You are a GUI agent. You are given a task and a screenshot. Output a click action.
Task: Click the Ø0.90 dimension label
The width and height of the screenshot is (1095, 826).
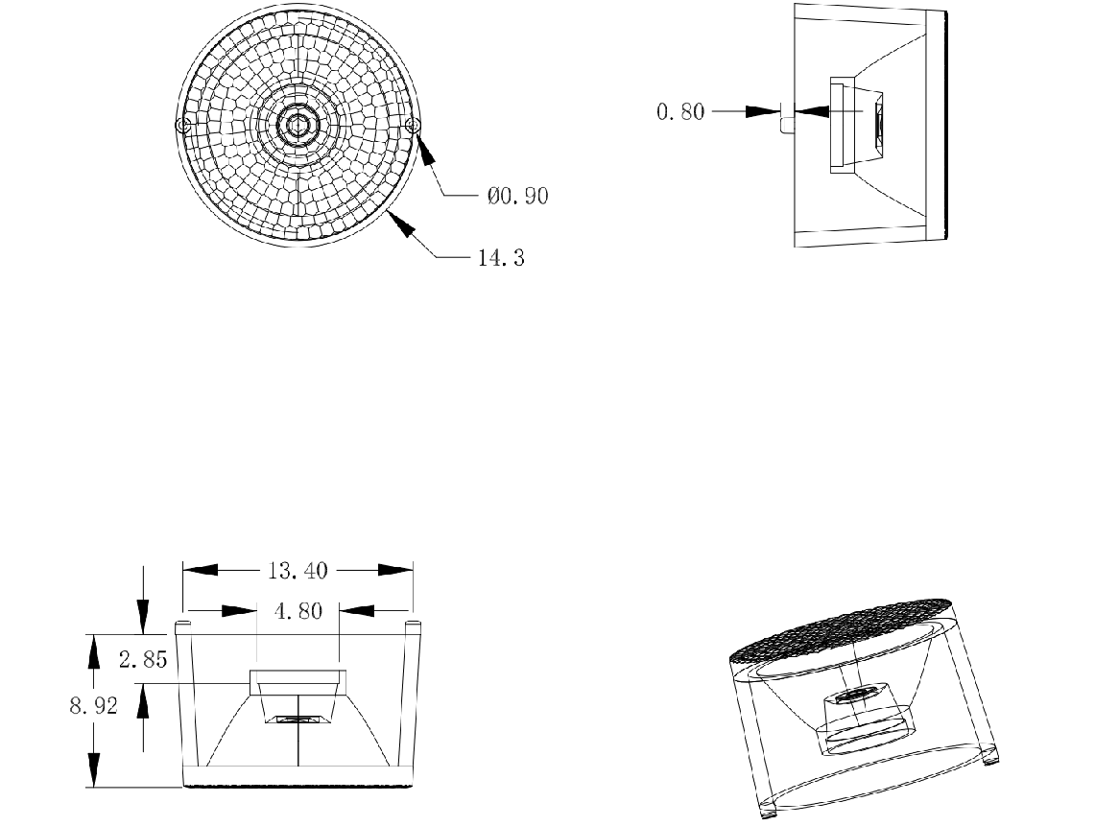click(x=517, y=196)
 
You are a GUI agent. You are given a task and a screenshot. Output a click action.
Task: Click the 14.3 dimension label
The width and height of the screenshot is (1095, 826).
click(x=501, y=258)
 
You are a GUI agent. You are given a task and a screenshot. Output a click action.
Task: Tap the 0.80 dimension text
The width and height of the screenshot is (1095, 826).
click(x=679, y=111)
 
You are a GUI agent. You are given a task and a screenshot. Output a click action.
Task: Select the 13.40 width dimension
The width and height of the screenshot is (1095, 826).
click(x=298, y=571)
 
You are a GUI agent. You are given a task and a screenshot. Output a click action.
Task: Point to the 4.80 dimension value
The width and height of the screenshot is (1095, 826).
click(x=298, y=611)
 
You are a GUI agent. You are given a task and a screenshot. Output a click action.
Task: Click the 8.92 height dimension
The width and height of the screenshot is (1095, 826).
click(x=94, y=707)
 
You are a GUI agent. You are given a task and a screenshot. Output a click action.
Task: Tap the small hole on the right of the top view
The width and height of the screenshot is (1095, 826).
click(x=414, y=125)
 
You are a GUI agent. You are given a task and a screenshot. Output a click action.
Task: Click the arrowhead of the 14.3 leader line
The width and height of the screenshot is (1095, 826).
click(x=404, y=226)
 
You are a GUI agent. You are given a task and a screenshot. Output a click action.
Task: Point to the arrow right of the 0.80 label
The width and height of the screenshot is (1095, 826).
click(x=767, y=111)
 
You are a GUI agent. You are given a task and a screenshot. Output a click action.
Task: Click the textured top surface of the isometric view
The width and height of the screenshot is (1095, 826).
click(x=845, y=627)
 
